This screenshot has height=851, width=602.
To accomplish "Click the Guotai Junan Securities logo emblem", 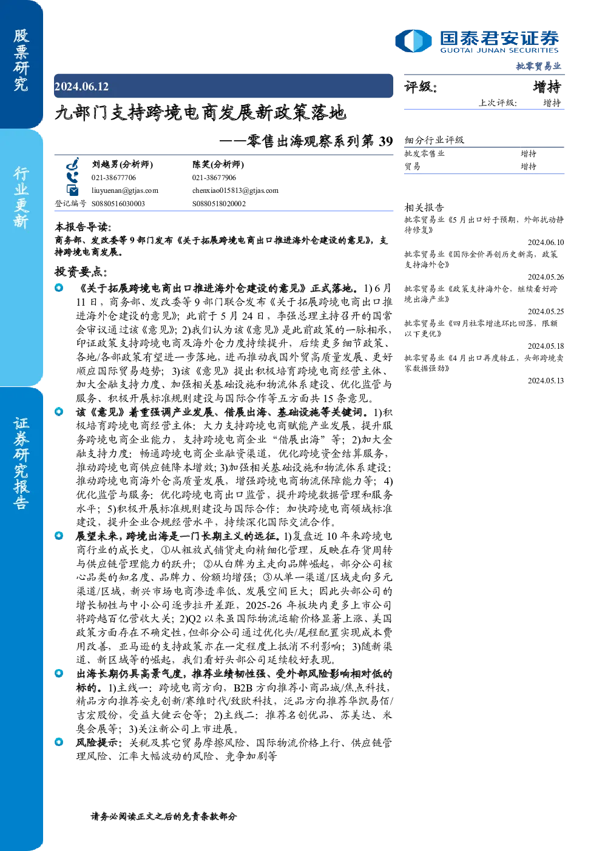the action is click(413, 41).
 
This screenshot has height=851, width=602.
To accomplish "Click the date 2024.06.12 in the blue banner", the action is click(81, 86).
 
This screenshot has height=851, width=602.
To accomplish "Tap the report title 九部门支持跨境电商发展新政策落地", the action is click(200, 112).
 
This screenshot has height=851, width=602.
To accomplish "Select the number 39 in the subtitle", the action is click(386, 141).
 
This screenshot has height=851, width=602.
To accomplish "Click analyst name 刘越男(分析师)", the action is click(122, 164).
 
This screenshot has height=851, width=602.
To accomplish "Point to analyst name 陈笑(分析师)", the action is click(218, 164).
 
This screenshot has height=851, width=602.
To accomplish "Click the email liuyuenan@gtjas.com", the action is click(124, 190).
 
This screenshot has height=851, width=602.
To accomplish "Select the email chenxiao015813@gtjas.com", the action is click(235, 190).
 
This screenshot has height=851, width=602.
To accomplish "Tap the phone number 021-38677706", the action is click(113, 178).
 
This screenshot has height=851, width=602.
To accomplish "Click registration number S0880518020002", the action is click(219, 204).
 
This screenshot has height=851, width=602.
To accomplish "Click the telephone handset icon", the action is click(72, 177).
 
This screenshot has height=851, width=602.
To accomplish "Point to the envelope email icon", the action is click(72, 190).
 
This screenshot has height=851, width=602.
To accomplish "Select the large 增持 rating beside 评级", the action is click(547, 87).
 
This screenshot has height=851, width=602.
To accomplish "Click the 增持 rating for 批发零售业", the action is click(529, 153).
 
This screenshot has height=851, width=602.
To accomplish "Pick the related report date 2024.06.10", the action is click(546, 242).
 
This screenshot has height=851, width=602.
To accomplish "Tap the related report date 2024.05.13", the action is click(546, 380).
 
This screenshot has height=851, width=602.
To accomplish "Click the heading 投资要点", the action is click(81, 271).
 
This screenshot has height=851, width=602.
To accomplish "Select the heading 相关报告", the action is click(424, 207).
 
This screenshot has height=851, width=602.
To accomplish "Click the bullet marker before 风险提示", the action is click(59, 742).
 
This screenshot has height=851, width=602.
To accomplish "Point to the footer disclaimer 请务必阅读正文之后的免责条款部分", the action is click(164, 816).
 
